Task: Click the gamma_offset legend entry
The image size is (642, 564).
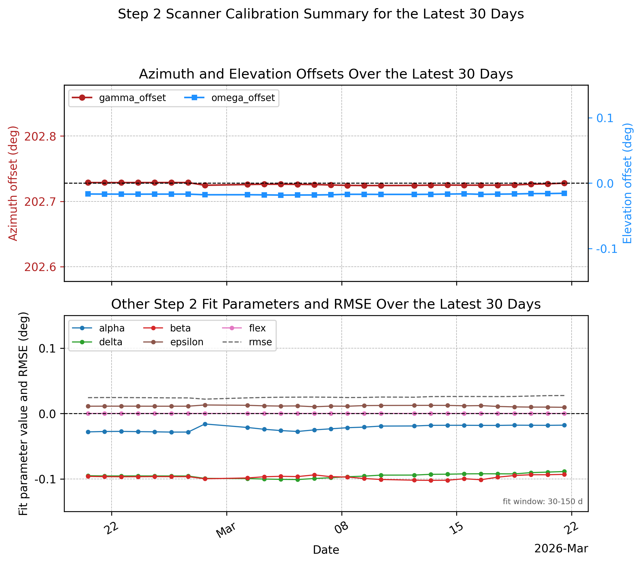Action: [119, 98]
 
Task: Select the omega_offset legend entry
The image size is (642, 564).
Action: [229, 98]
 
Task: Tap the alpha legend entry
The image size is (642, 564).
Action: [98, 328]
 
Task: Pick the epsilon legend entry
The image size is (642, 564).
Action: [173, 342]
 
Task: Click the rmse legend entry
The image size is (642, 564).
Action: [247, 342]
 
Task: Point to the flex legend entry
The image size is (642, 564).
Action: [244, 328]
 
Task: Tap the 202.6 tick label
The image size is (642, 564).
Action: [40, 267]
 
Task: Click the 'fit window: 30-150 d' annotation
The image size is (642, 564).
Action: [542, 501]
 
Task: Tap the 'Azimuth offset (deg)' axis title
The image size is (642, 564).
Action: [13, 183]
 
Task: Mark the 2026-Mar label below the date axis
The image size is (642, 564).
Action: [561, 549]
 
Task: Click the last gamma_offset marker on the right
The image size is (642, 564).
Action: [564, 183]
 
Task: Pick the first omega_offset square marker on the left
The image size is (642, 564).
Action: [88, 194]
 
